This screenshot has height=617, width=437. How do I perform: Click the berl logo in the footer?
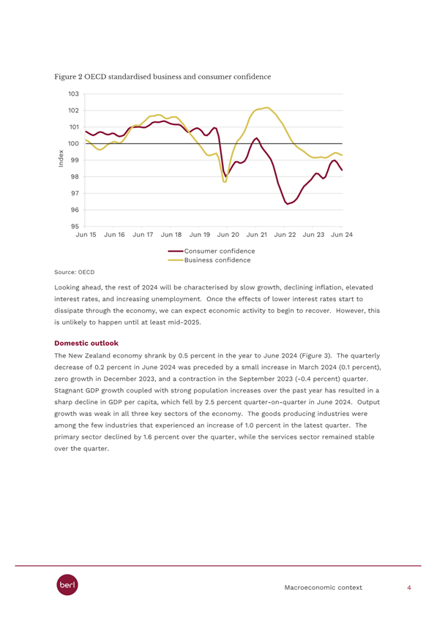(67, 585)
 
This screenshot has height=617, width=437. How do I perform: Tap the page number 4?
(409, 588)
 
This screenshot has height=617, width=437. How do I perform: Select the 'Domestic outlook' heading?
(86, 343)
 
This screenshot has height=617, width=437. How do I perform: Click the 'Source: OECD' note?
(75, 272)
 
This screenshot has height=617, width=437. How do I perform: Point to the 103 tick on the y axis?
(73, 94)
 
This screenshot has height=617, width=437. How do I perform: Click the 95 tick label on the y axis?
(75, 227)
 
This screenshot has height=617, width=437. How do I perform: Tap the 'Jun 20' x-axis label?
(228, 235)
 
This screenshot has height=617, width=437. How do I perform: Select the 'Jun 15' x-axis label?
(86, 235)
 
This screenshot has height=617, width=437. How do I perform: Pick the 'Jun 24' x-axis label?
(342, 235)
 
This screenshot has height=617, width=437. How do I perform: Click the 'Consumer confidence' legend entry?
(212, 251)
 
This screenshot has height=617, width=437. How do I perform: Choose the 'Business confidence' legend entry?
(209, 260)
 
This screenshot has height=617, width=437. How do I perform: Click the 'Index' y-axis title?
(61, 159)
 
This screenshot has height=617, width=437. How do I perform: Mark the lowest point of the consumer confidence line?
(287, 204)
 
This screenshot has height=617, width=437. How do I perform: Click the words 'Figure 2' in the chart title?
(68, 77)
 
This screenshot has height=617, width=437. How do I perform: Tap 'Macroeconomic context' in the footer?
(323, 588)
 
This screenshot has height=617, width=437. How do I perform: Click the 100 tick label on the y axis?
(73, 143)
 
